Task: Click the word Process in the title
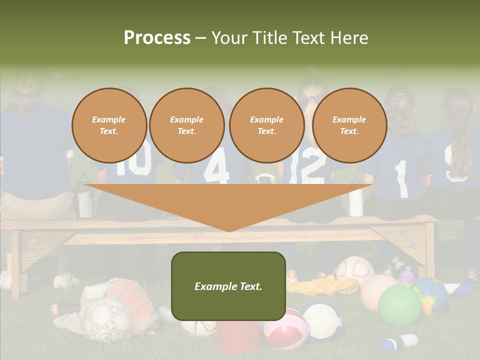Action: (x=157, y=37)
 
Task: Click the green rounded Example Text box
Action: (x=228, y=286)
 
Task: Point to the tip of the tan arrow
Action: (x=229, y=231)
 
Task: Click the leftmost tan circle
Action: (x=109, y=125)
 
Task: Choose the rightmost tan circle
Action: (x=349, y=125)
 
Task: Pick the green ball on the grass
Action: (x=399, y=304)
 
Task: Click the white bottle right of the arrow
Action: (x=355, y=200)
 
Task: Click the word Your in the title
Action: (x=231, y=37)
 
